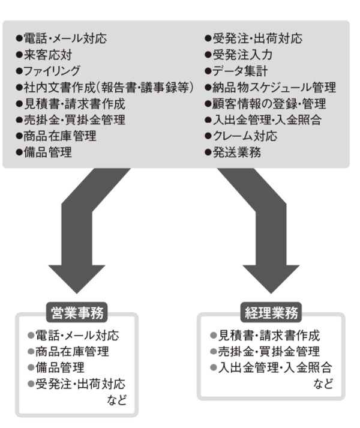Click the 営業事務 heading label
click(x=76, y=313)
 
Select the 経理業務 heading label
click(x=272, y=313)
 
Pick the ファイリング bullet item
click(x=49, y=71)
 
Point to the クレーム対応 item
click(x=241, y=136)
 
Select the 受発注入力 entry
click(x=239, y=55)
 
